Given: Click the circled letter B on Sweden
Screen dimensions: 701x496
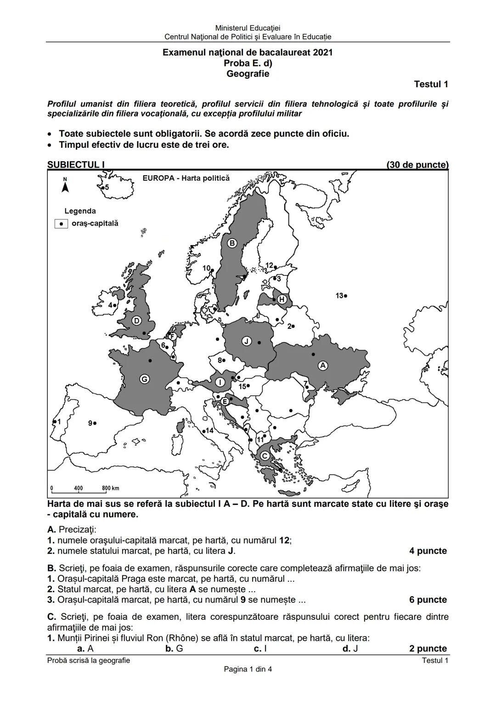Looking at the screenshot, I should (x=232, y=243).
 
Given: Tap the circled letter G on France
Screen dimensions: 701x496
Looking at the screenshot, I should (x=144, y=379).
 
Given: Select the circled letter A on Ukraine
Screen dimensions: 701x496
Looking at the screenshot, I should (x=323, y=365).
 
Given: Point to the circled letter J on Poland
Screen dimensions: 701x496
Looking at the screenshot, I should (x=247, y=342).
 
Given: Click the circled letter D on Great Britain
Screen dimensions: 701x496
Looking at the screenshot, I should (x=136, y=320).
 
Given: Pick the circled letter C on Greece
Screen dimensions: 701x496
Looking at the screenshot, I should (x=265, y=456).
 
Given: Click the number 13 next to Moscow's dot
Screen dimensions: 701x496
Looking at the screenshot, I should (x=339, y=296).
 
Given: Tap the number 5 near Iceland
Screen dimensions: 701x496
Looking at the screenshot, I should (x=107, y=187).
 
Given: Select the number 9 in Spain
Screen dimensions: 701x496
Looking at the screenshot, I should (x=90, y=423).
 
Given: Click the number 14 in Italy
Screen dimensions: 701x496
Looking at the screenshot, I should (x=209, y=431).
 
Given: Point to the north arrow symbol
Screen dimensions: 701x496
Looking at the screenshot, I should (x=65, y=186).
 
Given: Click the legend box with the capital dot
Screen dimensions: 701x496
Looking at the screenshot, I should (x=61, y=224).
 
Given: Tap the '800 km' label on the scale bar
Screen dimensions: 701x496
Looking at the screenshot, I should (x=110, y=488).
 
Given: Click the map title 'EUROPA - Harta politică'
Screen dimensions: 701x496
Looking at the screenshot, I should (x=186, y=178).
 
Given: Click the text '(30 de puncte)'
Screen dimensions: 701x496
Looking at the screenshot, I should (x=417, y=165).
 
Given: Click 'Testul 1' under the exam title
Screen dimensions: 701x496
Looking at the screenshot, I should (x=431, y=84).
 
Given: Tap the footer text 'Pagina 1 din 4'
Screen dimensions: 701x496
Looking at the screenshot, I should (x=248, y=669).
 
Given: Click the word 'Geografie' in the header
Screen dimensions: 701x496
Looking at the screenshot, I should (x=248, y=74).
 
